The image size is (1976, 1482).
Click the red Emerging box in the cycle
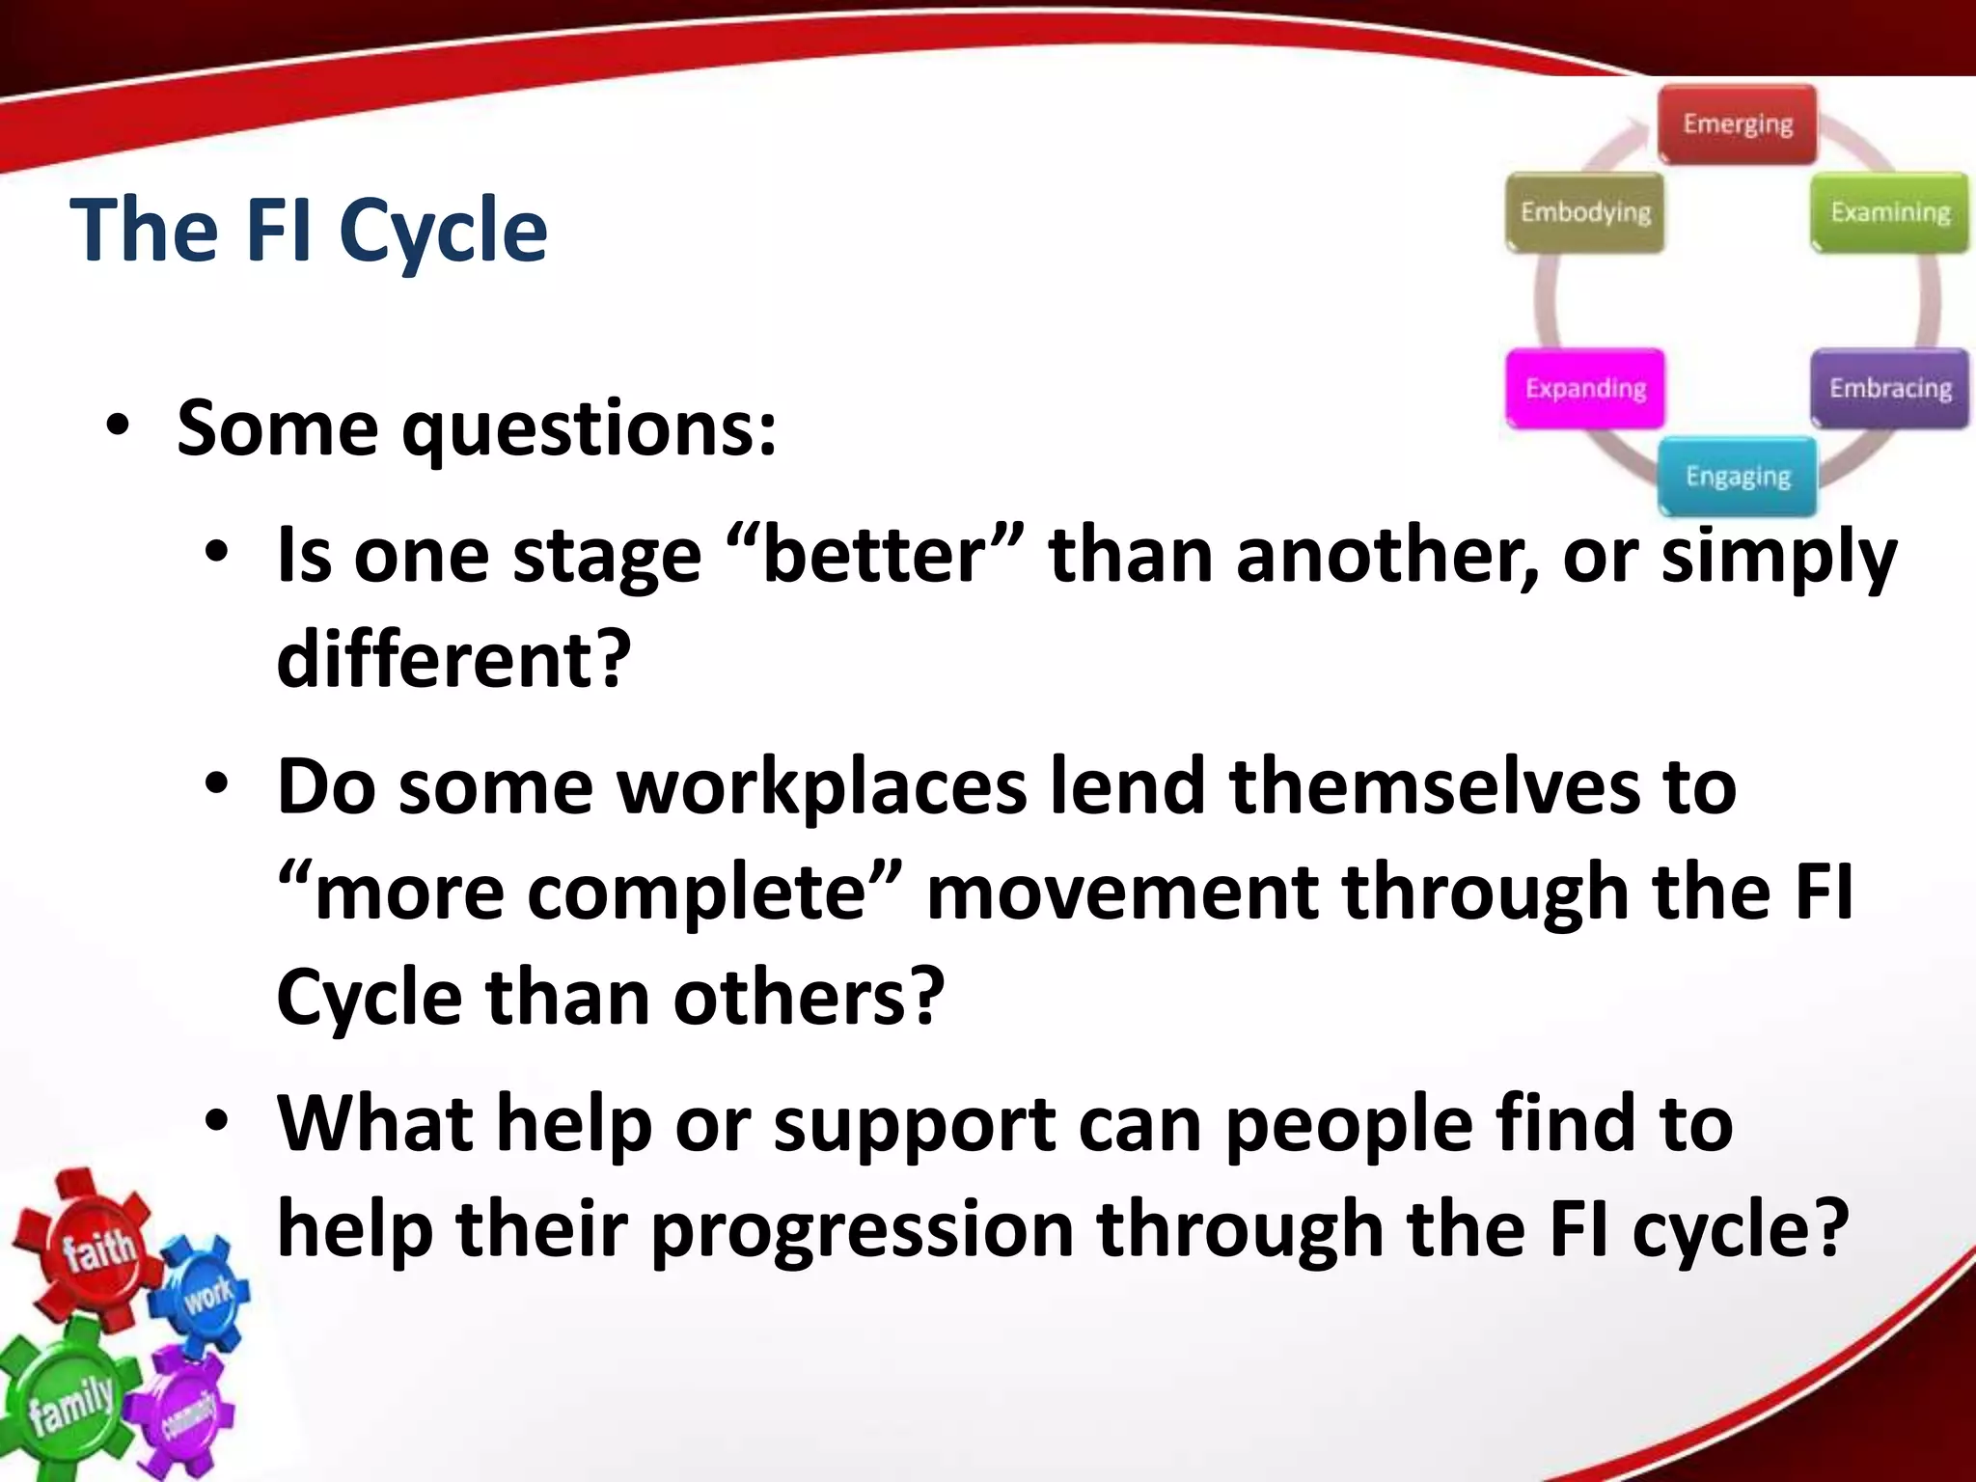1737,124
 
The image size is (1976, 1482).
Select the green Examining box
1889,212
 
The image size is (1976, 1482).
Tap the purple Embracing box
1889,388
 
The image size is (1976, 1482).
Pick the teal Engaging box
1737,477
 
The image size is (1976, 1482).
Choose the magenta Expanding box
1585,388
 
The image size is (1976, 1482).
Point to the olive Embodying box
1585,212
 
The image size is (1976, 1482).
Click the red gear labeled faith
92,1245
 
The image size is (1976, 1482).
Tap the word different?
453,660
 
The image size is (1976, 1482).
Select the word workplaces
821,786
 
